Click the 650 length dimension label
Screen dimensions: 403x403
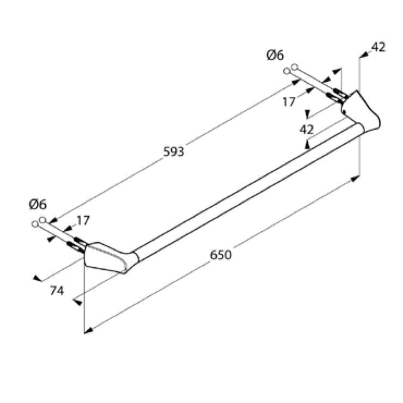221,255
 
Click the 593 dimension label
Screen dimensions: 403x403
174,152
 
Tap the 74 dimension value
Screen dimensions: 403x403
57,291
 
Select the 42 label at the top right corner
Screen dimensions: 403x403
378,47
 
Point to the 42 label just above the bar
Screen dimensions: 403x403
307,130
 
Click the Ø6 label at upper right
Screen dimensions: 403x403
275,55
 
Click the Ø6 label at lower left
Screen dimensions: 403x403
38,205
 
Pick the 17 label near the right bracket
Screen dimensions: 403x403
289,102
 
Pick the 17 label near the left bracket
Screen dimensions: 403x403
83,221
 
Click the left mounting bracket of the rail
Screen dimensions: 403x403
109,258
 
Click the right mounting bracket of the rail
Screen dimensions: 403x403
361,112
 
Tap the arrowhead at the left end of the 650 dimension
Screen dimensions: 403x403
88,331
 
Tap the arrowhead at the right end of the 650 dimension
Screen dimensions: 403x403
355,179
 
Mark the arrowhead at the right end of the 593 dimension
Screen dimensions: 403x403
296,82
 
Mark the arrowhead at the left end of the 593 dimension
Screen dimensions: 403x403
53,220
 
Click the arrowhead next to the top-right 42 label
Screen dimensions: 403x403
364,55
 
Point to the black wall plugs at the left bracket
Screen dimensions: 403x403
77,243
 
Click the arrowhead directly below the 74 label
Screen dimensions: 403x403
77,302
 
